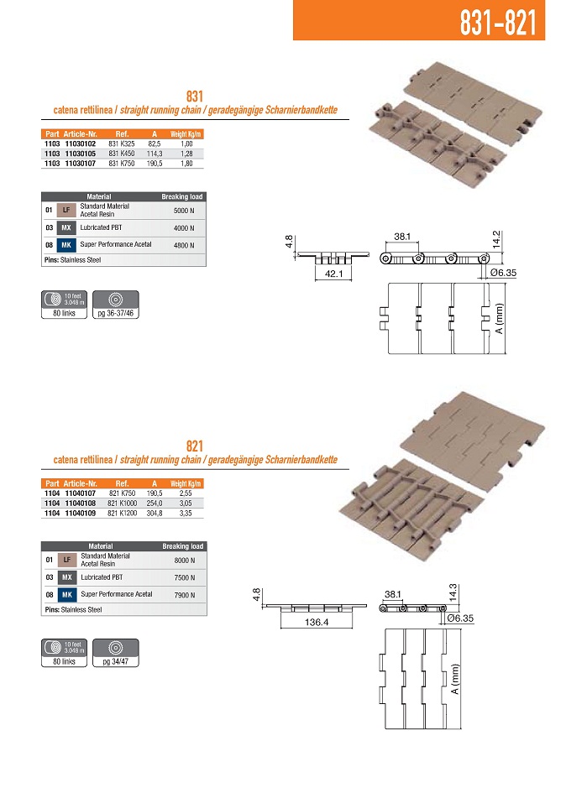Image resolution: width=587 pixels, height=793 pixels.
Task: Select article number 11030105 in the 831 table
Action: point(80,154)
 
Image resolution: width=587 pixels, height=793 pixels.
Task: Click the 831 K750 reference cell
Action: point(122,163)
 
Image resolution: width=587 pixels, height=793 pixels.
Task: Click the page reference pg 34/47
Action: point(112,661)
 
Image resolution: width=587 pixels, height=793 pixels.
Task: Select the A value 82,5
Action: point(154,144)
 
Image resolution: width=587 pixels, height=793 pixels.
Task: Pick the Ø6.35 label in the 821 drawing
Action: point(464,618)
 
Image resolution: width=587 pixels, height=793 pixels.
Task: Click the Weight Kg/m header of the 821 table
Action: point(186,484)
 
